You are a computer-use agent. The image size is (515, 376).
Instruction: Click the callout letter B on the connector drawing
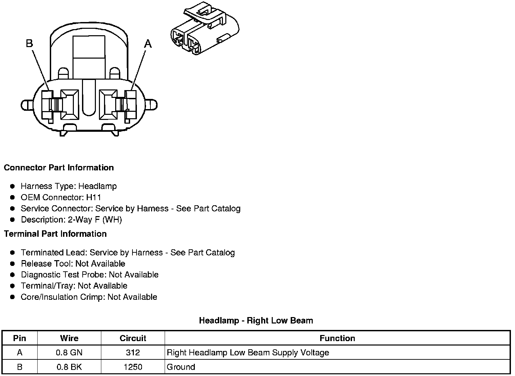(x=29, y=43)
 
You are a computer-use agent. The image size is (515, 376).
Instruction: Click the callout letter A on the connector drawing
(x=148, y=44)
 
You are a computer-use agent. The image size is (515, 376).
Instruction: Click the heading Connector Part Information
(x=59, y=168)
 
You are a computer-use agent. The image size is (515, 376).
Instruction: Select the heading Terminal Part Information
(x=55, y=234)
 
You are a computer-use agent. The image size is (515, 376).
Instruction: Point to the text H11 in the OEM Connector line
(x=94, y=197)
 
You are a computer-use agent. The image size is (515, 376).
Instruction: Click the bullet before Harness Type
(x=13, y=186)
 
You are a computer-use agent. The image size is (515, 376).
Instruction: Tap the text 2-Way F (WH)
(x=95, y=220)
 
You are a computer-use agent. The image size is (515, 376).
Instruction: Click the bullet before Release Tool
(x=13, y=264)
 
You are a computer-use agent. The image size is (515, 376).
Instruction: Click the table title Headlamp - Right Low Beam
(x=256, y=320)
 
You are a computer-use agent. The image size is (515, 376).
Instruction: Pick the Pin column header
(x=20, y=338)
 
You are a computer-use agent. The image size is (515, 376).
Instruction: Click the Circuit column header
(x=133, y=338)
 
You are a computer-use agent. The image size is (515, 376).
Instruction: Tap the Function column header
(x=337, y=338)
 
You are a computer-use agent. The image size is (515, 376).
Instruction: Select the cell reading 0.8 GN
(x=69, y=353)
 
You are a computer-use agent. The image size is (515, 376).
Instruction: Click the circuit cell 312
(x=133, y=353)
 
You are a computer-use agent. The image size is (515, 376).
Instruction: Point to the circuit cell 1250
(x=133, y=367)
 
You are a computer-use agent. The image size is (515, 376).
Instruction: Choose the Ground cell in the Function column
(x=181, y=367)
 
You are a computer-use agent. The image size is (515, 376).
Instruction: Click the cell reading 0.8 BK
(x=69, y=367)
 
